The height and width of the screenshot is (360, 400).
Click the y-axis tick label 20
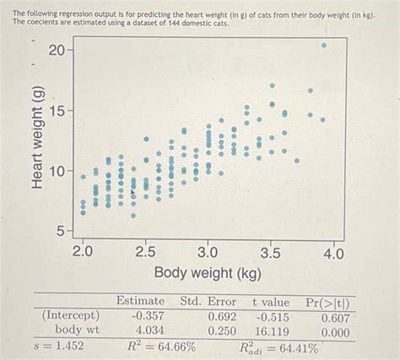[56, 51]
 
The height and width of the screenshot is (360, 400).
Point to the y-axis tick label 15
[56, 111]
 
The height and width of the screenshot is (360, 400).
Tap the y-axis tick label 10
[56, 171]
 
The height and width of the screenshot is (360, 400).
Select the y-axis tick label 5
[61, 230]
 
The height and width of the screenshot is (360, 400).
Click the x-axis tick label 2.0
[83, 251]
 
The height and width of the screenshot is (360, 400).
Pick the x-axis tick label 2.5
[145, 251]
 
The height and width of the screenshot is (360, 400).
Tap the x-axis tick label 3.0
[208, 251]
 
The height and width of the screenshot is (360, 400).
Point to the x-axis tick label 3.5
[270, 251]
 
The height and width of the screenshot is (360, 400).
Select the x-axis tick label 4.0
[333, 251]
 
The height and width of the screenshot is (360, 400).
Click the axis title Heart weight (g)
[37, 140]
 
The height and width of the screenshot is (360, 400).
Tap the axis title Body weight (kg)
[208, 274]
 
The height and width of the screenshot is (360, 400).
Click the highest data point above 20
[323, 46]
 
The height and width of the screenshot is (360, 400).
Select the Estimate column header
[140, 302]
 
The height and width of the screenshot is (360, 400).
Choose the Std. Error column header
[208, 302]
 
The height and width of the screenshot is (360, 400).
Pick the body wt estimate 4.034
[146, 331]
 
